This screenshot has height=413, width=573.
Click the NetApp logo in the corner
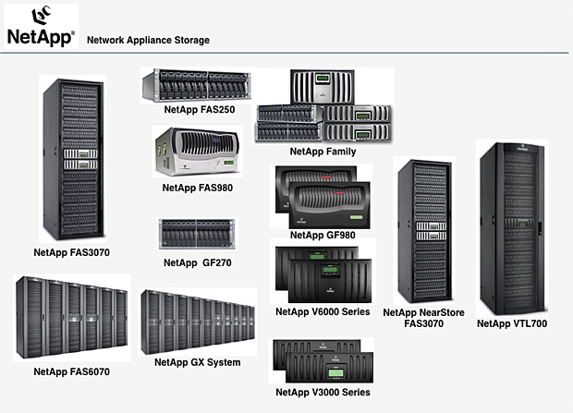pos(41,26)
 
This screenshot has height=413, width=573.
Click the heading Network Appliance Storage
pos(148,41)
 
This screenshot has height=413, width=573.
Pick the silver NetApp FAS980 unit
pos(197,153)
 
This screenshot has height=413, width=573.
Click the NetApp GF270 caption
pos(196,262)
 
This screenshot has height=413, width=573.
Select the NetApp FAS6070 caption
pos(72,371)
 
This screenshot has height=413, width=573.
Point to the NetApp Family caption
pos(323,151)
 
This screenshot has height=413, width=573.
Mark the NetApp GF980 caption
pos(323,235)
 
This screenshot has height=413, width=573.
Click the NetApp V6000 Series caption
pos(323,311)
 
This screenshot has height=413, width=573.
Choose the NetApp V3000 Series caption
pos(323,393)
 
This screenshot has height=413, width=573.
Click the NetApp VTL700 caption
pos(511,323)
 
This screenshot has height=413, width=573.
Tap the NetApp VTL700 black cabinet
pos(511,229)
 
